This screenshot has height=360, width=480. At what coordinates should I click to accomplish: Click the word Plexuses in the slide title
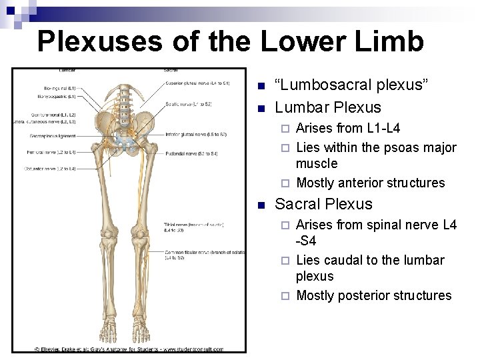(99, 41)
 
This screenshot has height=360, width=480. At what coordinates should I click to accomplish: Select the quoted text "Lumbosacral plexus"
(352, 85)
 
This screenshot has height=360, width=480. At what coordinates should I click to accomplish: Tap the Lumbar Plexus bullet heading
(328, 107)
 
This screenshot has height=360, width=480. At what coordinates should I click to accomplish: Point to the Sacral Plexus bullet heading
(323, 204)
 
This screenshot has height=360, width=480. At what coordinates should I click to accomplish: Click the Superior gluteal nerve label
(197, 83)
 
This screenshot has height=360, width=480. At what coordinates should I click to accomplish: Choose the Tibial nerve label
(193, 227)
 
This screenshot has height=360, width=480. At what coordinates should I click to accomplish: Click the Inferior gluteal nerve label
(197, 135)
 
